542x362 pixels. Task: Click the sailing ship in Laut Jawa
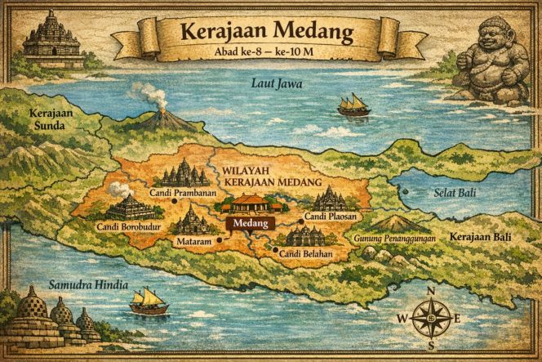click(353, 105)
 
